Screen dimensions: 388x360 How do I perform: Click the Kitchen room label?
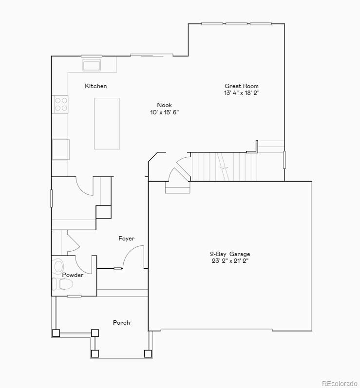click(x=96, y=86)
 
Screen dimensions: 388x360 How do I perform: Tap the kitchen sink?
click(x=92, y=65)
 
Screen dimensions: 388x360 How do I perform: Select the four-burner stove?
click(x=61, y=104)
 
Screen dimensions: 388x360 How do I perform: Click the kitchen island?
click(x=107, y=123)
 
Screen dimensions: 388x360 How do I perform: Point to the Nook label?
click(x=164, y=105)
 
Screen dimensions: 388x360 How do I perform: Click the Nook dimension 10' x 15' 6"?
click(x=165, y=112)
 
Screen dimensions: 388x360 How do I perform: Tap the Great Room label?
click(x=242, y=86)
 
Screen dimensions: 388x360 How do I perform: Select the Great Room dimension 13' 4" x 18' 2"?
click(x=242, y=93)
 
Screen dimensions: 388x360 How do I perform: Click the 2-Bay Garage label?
click(x=230, y=254)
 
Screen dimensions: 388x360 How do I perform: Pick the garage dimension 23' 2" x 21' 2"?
click(x=230, y=261)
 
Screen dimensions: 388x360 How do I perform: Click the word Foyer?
click(x=126, y=239)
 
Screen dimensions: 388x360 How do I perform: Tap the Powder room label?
click(x=73, y=275)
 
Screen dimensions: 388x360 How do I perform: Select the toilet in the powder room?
click(x=62, y=284)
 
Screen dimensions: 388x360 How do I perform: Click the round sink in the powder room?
click(x=59, y=266)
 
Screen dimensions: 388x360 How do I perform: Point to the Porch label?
click(x=121, y=323)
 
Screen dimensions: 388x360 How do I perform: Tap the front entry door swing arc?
click(x=133, y=257)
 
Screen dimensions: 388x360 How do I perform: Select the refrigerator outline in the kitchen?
click(x=61, y=149)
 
